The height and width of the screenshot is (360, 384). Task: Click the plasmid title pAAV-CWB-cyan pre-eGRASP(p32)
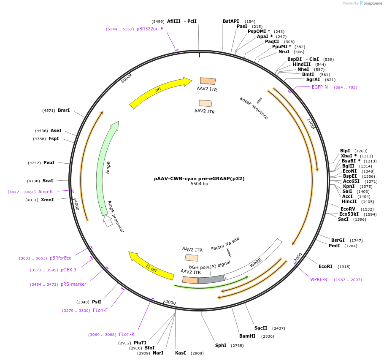[199, 179]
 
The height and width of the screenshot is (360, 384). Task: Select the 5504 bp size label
[199, 184]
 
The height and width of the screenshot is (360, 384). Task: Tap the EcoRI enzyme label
[325, 266]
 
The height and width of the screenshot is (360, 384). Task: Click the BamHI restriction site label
[247, 336]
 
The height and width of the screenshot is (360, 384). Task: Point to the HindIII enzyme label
[302, 64]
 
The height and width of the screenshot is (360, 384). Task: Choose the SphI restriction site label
[221, 345]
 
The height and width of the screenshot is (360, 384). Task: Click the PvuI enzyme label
[49, 162]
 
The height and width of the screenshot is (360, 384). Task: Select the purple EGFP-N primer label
[320, 87]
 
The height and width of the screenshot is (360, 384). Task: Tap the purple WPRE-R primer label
[319, 279]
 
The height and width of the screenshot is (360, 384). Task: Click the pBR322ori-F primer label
[150, 29]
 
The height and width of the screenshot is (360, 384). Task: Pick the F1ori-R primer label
[127, 334]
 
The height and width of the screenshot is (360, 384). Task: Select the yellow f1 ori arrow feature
[151, 266]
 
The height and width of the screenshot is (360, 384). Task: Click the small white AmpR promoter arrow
[108, 221]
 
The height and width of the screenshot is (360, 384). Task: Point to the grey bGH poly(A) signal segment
[211, 279]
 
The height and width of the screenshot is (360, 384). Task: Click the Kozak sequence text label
[254, 108]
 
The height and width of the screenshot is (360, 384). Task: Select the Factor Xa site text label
[225, 244]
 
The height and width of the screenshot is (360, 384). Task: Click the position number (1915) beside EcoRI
[344, 267]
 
